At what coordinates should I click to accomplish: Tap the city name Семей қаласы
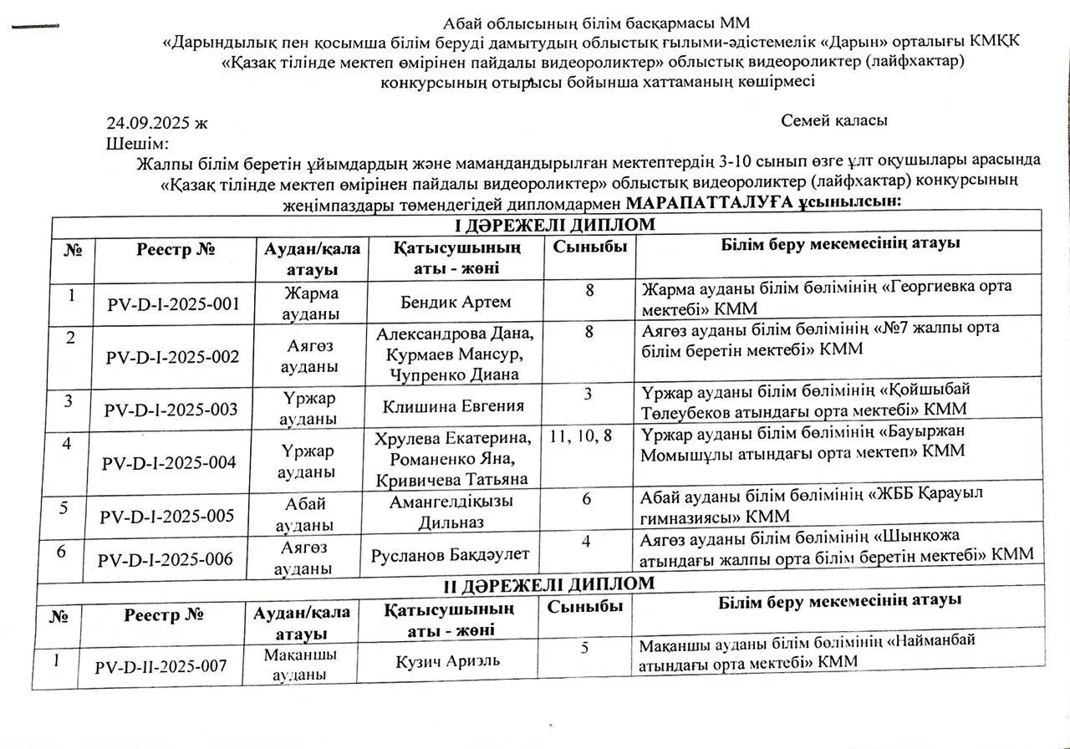(x=833, y=120)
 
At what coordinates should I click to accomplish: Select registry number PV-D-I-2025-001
(x=173, y=305)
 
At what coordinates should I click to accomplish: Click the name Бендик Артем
(x=456, y=301)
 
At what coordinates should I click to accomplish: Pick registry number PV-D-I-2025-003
(x=171, y=410)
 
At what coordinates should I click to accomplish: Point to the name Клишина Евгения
(x=453, y=406)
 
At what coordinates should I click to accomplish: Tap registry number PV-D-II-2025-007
(x=160, y=666)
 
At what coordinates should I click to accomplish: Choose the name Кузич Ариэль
(x=448, y=660)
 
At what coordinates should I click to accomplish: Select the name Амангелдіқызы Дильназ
(x=452, y=512)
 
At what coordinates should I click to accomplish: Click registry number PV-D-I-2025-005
(x=167, y=516)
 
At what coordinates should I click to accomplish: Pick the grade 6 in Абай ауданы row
(x=588, y=498)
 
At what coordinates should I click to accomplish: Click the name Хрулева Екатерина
(x=454, y=440)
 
